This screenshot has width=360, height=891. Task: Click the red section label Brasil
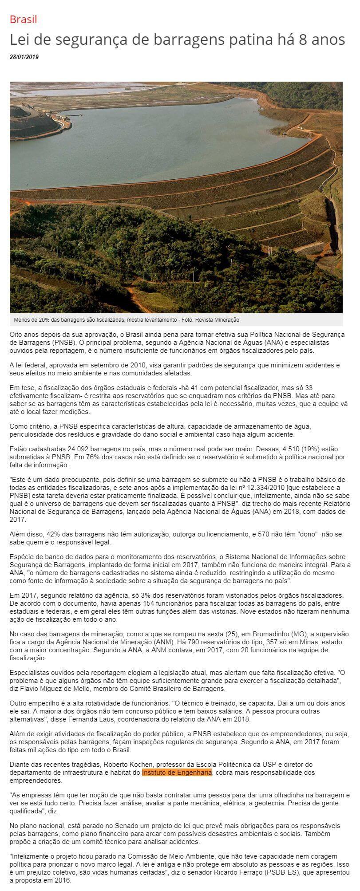point(23,20)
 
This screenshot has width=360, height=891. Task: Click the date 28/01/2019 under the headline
point(24,57)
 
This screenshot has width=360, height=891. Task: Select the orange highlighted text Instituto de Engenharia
point(177,773)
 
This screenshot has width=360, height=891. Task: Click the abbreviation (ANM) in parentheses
point(162,642)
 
